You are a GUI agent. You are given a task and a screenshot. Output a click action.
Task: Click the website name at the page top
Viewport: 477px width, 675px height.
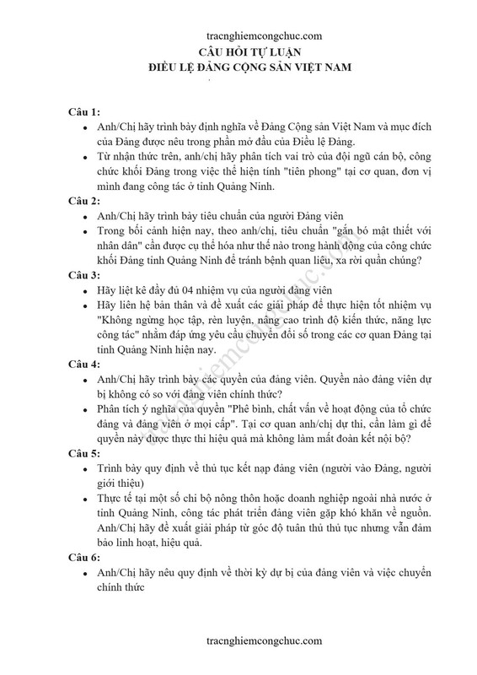pyautogui.click(x=264, y=36)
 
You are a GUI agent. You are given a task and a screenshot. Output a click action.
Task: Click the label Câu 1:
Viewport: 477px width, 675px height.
pyautogui.click(x=84, y=111)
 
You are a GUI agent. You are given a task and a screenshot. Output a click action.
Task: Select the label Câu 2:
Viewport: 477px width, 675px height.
pyautogui.click(x=84, y=200)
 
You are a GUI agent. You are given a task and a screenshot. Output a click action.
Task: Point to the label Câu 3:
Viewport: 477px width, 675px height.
pyautogui.click(x=84, y=274)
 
